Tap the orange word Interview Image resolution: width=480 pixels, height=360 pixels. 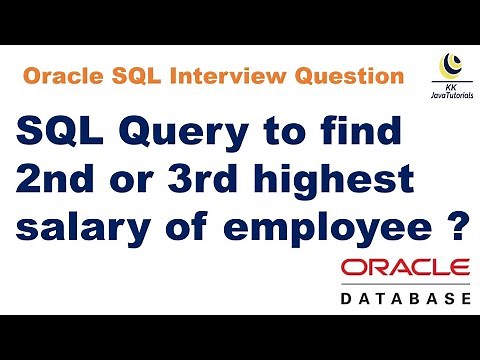[x=226, y=77]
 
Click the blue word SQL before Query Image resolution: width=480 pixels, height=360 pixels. [x=59, y=132]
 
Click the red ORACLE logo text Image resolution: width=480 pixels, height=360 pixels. [x=404, y=271]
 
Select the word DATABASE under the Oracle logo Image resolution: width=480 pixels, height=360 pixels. [x=404, y=299]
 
